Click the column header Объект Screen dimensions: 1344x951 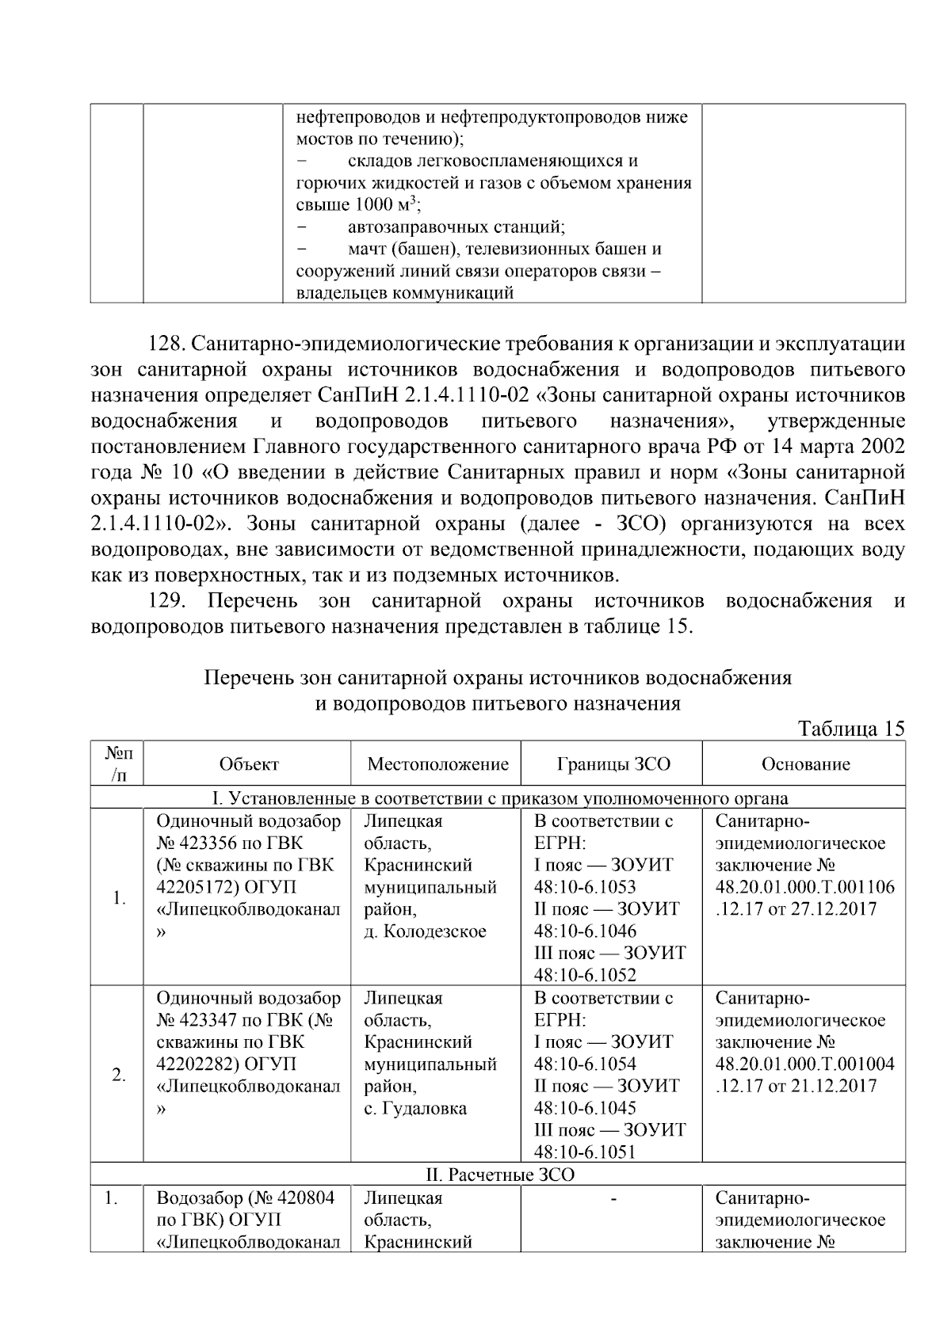249,764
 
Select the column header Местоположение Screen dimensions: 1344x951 437,764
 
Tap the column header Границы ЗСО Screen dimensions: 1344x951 613,764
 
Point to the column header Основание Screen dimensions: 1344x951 805,764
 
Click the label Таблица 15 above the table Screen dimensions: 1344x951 851,729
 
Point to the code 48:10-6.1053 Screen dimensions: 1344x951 585,887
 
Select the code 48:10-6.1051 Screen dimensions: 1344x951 585,1152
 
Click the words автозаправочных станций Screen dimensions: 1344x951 456,227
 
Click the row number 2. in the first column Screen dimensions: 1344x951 118,1076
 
